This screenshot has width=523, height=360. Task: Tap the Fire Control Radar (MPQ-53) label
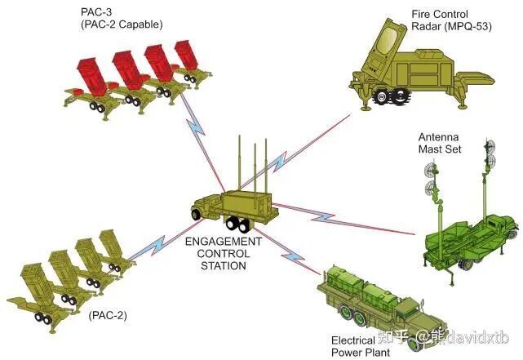(452, 20)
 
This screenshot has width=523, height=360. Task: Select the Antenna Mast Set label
(440, 143)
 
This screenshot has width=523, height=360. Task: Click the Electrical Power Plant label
(361, 347)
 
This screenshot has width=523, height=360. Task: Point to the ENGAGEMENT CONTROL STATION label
(224, 254)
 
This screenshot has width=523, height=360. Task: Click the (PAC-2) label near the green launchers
(108, 315)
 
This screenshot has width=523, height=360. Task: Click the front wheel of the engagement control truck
(196, 215)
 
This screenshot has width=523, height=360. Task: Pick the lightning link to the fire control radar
(295, 152)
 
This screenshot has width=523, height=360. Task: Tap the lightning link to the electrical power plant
(287, 251)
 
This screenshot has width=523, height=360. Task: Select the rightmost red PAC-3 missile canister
(186, 55)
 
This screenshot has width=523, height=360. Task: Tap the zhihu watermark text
(443, 337)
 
